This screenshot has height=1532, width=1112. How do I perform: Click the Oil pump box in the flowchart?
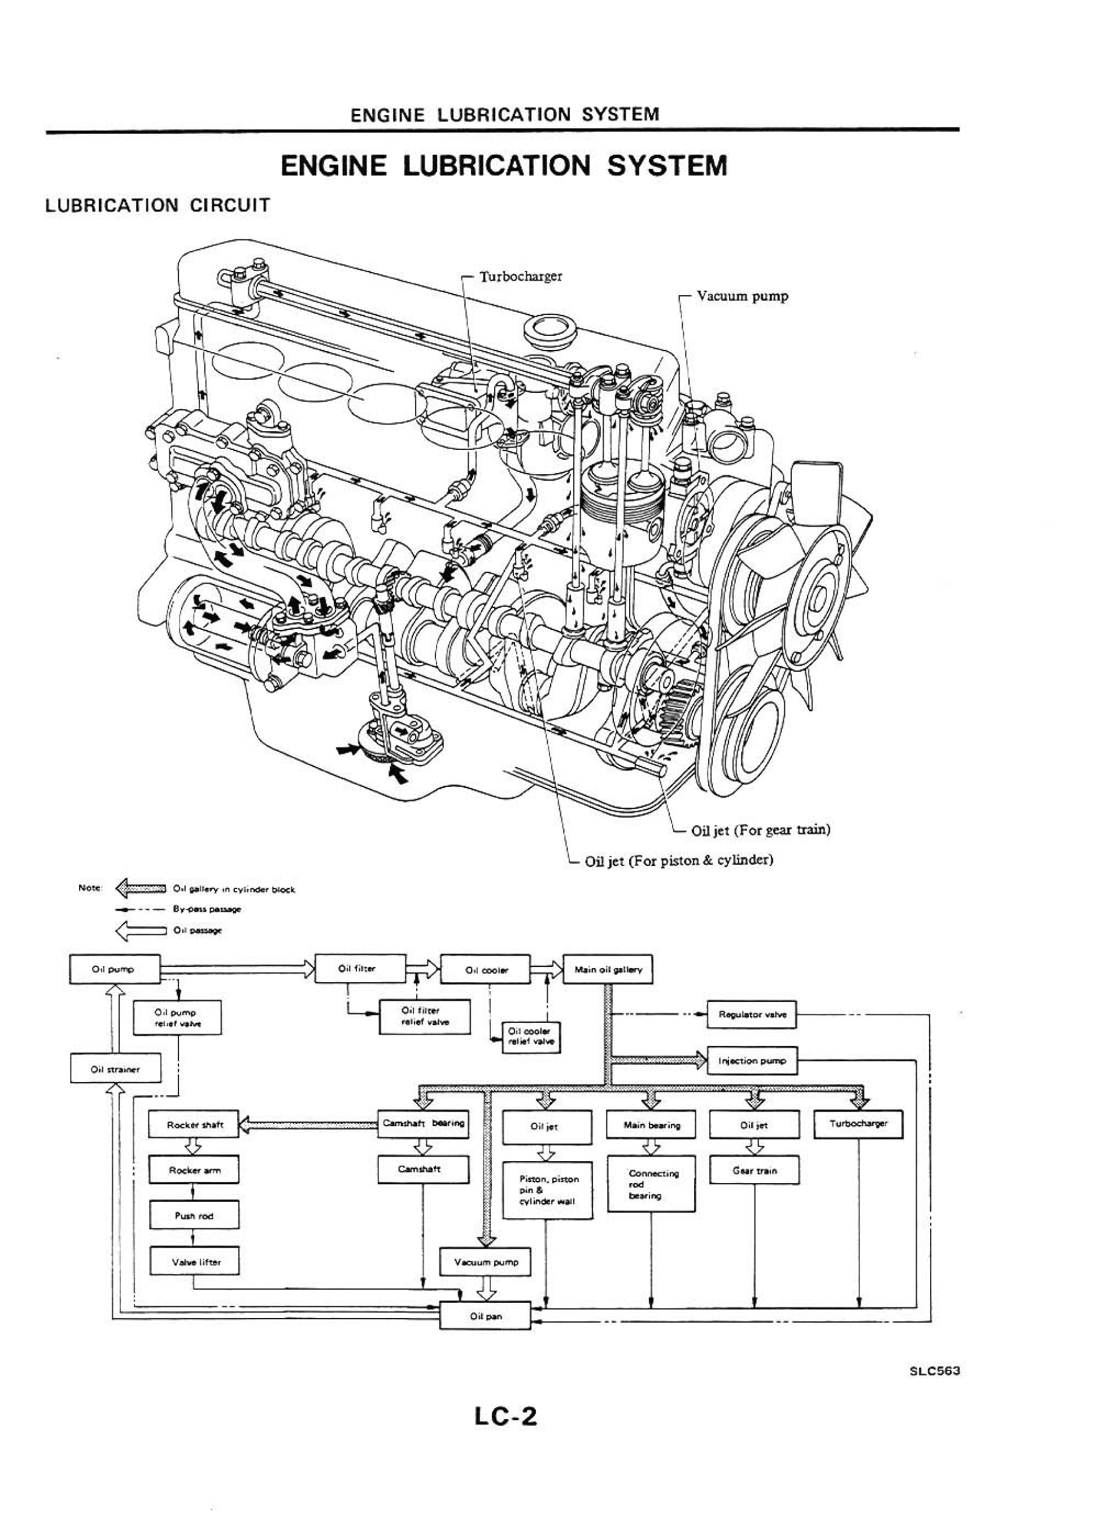point(114,969)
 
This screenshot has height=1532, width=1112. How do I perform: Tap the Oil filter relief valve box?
point(425,1016)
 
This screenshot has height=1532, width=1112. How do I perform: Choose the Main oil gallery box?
point(607,969)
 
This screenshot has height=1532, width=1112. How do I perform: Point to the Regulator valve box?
point(752,1014)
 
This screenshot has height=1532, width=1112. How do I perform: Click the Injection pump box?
point(752,1061)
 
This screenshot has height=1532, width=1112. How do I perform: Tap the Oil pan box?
point(485,1316)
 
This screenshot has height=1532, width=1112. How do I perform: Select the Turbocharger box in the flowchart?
point(857,1124)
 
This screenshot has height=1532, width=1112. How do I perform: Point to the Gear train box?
point(754,1171)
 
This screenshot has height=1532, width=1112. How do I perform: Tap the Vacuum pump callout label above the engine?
point(742,296)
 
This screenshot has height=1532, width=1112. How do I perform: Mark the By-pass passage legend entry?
point(206,909)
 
